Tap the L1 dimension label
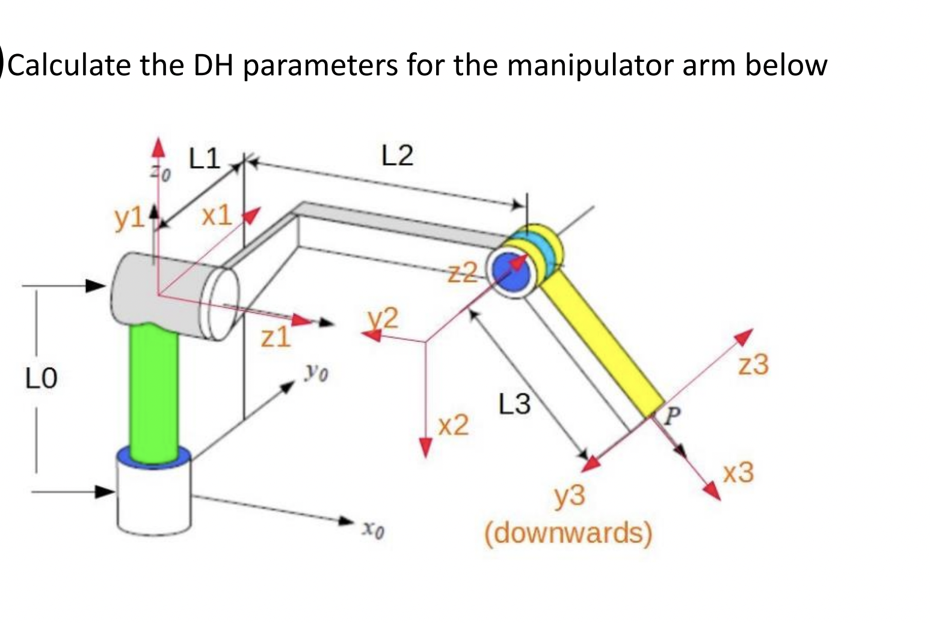coord(205,159)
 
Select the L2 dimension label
coord(398,156)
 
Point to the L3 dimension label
coord(514,404)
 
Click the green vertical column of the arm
coord(153,391)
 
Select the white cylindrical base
coord(155,499)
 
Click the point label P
coord(673,413)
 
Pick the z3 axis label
coord(754,364)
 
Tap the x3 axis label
coord(738,473)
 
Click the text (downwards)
coord(568,533)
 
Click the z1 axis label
coord(276,338)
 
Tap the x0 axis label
coord(373,529)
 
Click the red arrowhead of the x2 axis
coord(426,447)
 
